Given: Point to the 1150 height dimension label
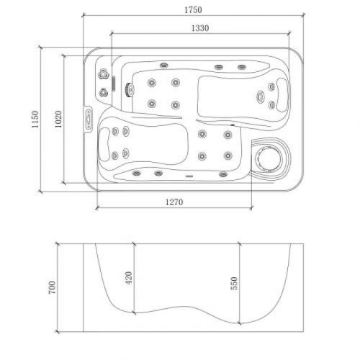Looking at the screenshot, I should (34, 120).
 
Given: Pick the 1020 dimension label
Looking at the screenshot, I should (58, 120).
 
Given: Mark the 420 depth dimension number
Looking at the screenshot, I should (127, 277).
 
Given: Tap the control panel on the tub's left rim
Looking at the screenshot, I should (89, 118).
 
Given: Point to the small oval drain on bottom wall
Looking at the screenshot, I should (189, 175).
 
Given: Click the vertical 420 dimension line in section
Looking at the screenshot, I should (133, 277).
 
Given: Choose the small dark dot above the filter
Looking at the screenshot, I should (231, 127).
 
